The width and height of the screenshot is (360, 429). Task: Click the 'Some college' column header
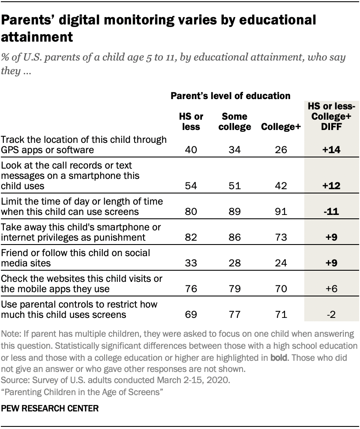[235, 122]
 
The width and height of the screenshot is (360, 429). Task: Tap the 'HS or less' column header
[191, 122]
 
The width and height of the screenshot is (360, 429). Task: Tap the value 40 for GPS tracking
[191, 151]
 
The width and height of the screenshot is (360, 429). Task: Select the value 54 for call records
[191, 186]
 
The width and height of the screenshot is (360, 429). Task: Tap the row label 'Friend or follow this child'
[75, 253]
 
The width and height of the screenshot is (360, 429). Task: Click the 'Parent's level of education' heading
[231, 96]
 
